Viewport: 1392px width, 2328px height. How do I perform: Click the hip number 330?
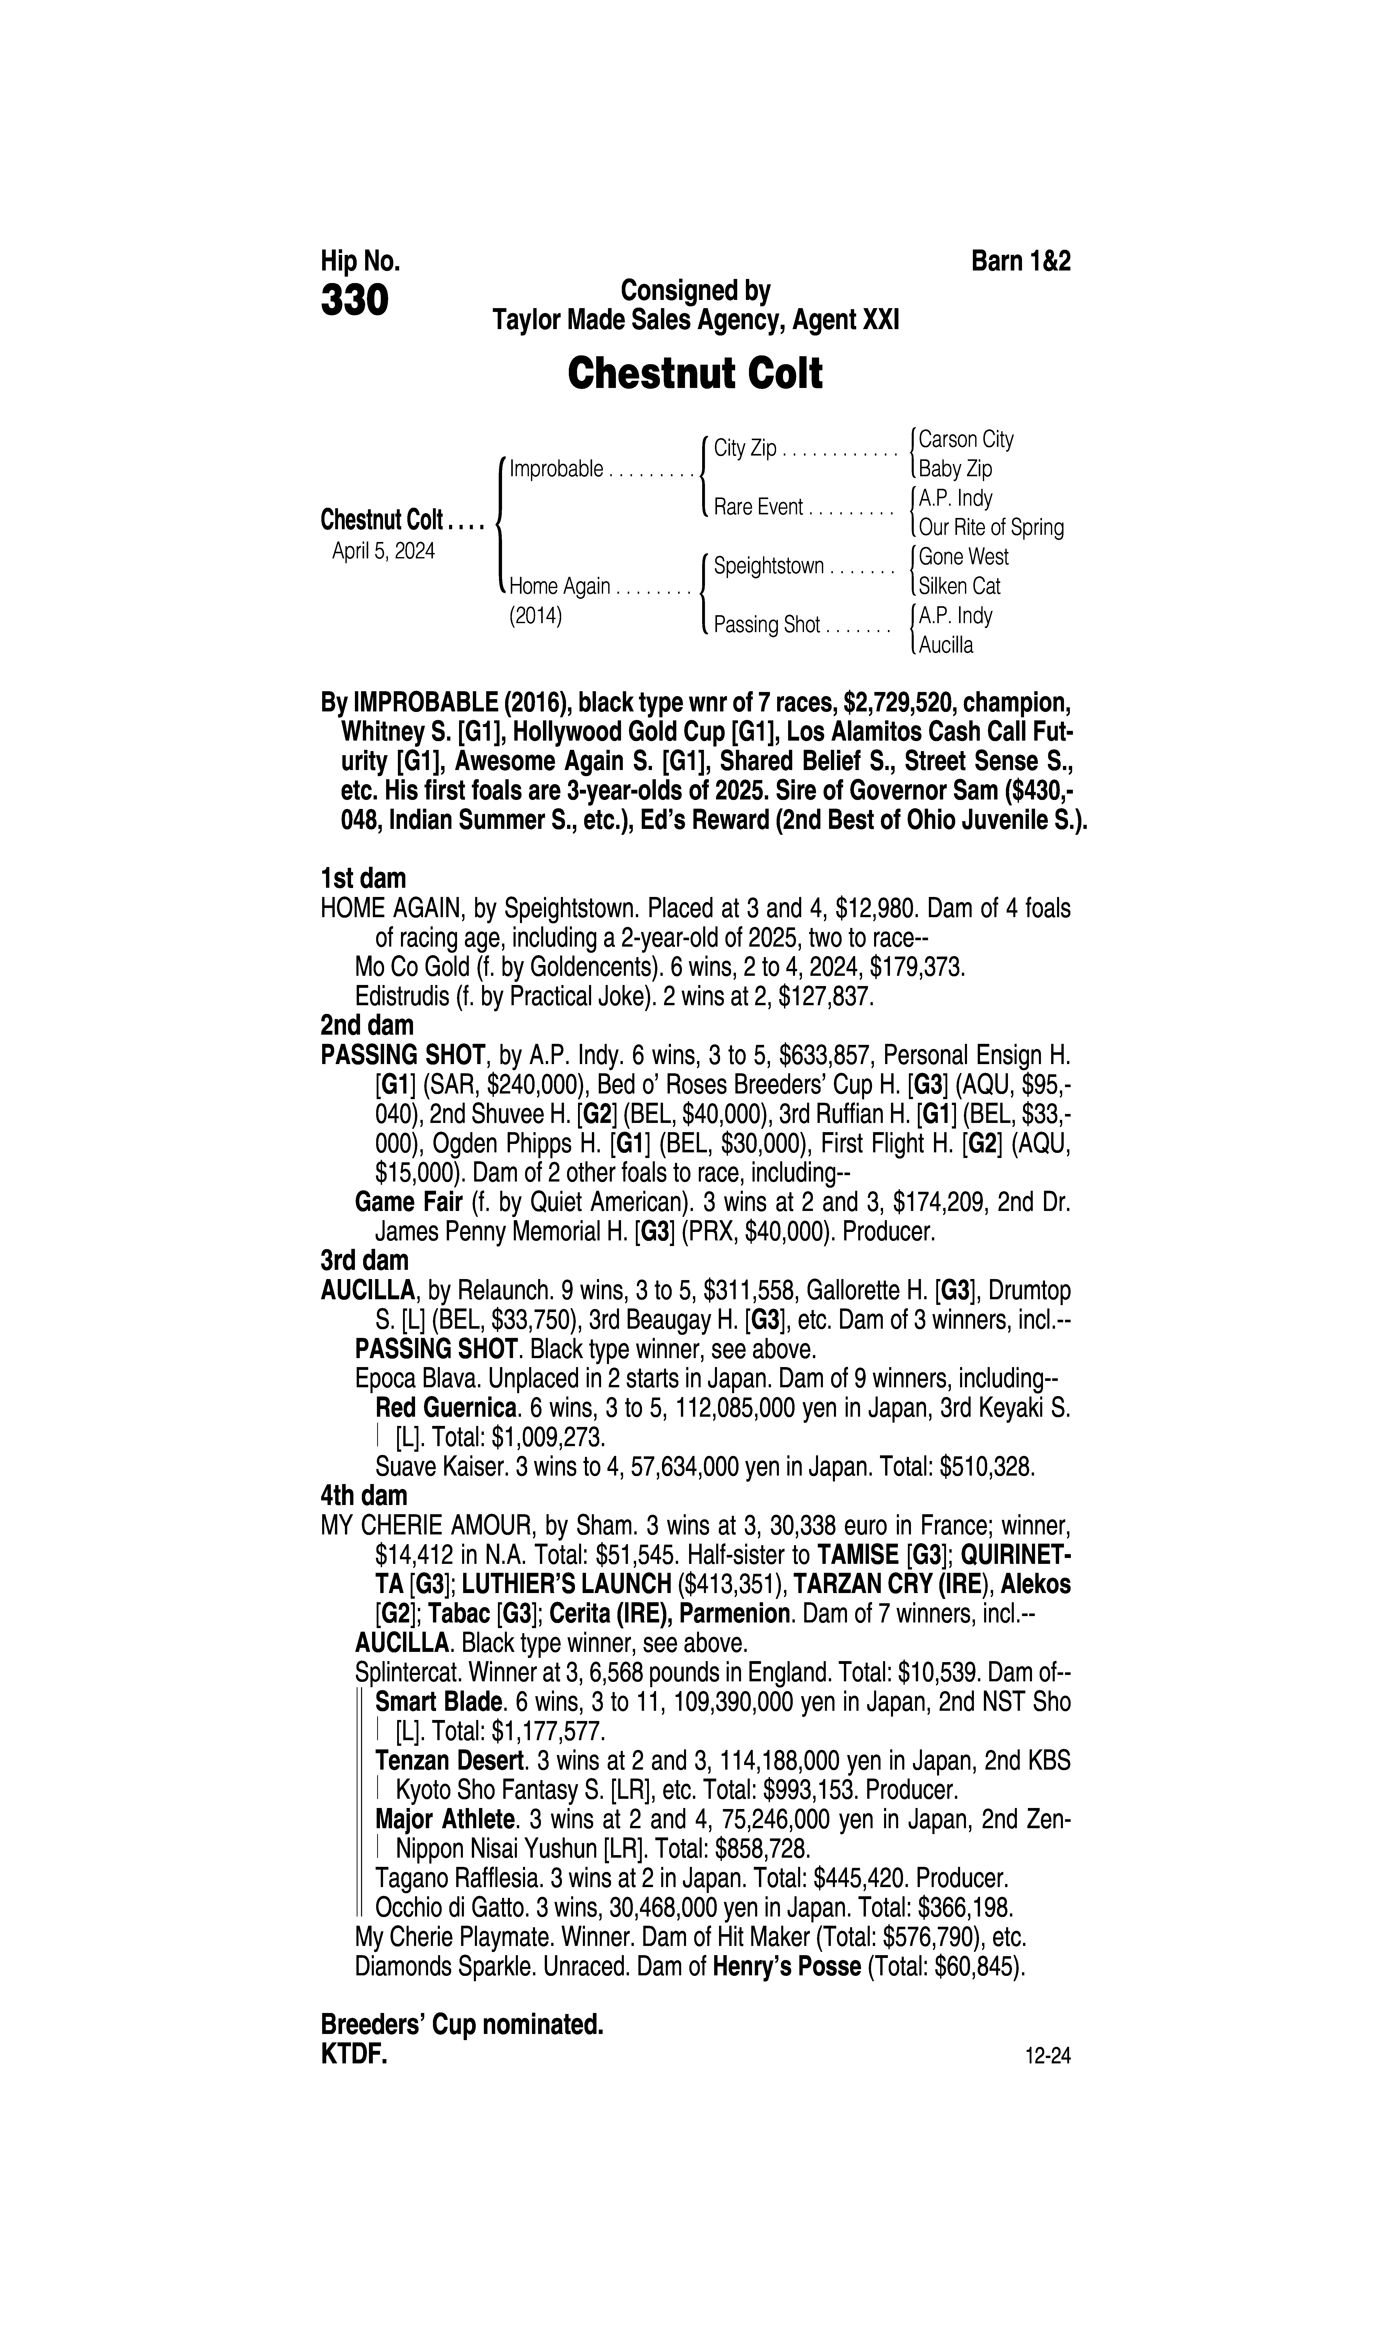pyautogui.click(x=355, y=301)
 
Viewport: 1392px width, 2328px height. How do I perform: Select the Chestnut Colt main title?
pyautogui.click(x=695, y=373)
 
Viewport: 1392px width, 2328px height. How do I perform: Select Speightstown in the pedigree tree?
pyautogui.click(x=768, y=567)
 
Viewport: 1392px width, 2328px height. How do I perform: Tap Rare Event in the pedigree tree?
pyautogui.click(x=758, y=507)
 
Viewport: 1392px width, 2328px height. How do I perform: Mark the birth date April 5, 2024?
pyautogui.click(x=384, y=550)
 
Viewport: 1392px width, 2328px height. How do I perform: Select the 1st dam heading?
pyautogui.click(x=363, y=879)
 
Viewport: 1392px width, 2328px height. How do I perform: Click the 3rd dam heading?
pyautogui.click(x=365, y=1260)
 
